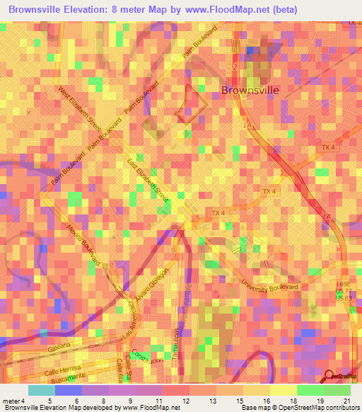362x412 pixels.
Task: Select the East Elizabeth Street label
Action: pyautogui.click(x=148, y=182)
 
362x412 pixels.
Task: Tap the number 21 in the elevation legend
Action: pyautogui.click(x=347, y=400)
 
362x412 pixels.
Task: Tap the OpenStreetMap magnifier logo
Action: pyautogui.click(x=330, y=375)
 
